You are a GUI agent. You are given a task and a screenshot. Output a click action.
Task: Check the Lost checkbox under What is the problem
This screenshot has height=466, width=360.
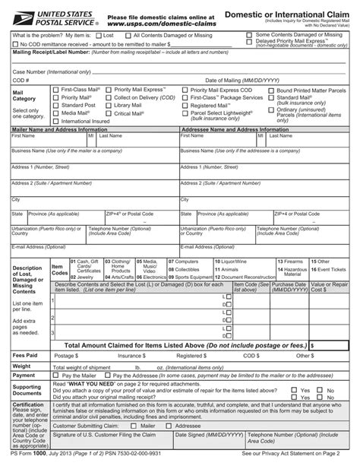coord(99,35)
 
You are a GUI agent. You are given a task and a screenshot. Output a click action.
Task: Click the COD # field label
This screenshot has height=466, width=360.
coord(21,80)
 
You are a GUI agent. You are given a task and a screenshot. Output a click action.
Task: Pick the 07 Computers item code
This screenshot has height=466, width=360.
coord(182,261)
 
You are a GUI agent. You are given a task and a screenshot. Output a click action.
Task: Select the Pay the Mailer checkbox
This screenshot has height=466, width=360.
coord(55,376)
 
